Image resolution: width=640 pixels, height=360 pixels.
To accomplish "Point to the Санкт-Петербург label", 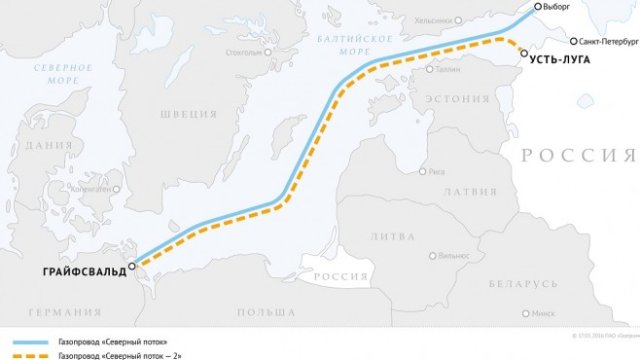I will pos(604,42).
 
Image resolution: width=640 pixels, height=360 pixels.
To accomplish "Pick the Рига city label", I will pos(436,171).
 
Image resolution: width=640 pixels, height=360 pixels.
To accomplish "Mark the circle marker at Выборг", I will pos(537,6).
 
